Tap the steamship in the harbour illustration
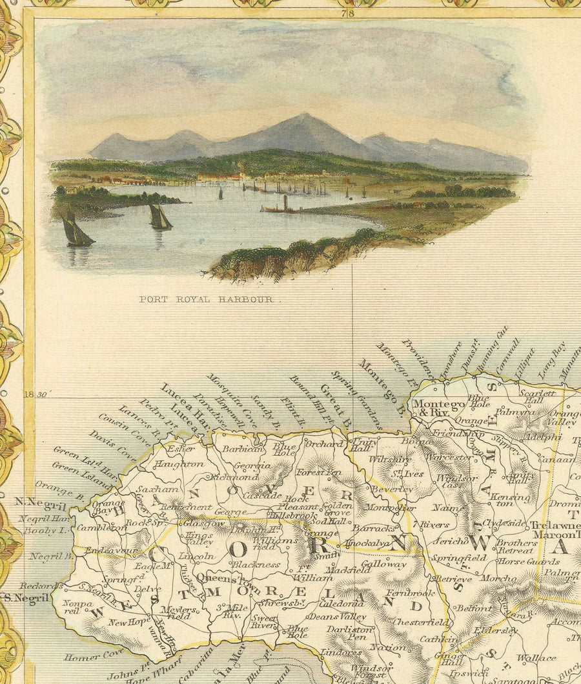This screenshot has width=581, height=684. point(282,207)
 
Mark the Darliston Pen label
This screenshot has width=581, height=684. point(349,632)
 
